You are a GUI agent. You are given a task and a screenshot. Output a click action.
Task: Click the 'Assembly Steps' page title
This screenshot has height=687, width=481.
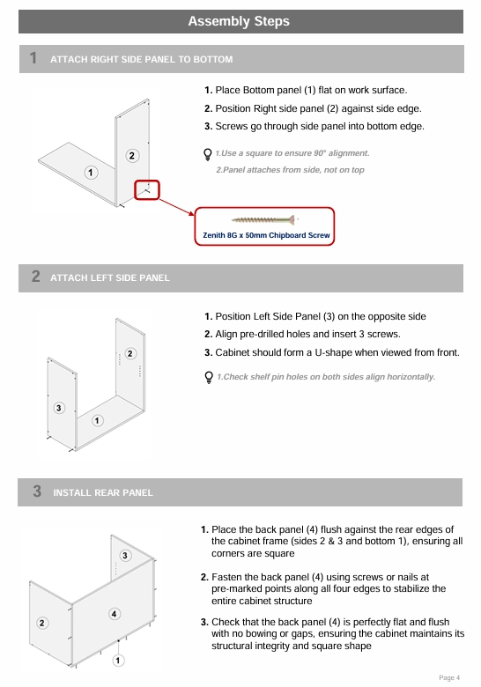(239, 21)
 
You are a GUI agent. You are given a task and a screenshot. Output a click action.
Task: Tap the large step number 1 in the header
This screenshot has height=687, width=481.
(33, 58)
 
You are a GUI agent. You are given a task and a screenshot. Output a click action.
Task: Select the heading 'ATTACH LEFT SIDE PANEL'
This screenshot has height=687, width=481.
(110, 277)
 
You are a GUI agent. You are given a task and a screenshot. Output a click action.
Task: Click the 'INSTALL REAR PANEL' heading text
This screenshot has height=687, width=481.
(103, 493)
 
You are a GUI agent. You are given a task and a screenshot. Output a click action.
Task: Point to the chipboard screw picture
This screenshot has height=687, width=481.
(263, 219)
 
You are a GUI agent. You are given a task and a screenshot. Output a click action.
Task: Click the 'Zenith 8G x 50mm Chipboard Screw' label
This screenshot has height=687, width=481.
(266, 235)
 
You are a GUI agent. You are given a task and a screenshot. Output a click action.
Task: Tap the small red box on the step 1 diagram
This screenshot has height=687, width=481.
(147, 190)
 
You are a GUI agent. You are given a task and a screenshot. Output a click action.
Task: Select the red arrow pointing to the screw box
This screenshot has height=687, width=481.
(176, 207)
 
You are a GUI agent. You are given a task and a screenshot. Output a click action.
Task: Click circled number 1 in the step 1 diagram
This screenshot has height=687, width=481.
(91, 173)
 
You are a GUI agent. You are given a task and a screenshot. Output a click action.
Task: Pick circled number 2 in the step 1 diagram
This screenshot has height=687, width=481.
(132, 156)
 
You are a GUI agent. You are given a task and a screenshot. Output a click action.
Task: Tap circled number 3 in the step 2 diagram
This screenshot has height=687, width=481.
(59, 408)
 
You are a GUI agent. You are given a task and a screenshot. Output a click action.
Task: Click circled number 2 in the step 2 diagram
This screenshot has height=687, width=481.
(130, 353)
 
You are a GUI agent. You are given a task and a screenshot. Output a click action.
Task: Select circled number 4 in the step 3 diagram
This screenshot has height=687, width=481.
(114, 614)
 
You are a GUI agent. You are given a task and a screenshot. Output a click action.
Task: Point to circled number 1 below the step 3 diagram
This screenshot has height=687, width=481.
(118, 661)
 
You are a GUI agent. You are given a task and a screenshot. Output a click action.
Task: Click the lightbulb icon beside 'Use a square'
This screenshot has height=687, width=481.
(208, 154)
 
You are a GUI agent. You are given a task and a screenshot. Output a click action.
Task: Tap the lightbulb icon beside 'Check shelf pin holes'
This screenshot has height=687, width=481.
(209, 377)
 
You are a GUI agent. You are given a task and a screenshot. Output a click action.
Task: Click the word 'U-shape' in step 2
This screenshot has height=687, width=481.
(333, 352)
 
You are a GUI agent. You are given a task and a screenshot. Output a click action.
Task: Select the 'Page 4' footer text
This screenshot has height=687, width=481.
(449, 678)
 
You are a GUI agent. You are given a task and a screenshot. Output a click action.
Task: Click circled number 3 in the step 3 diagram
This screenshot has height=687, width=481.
(125, 556)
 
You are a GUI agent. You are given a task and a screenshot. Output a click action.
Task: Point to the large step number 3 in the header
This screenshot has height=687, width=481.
(37, 491)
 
